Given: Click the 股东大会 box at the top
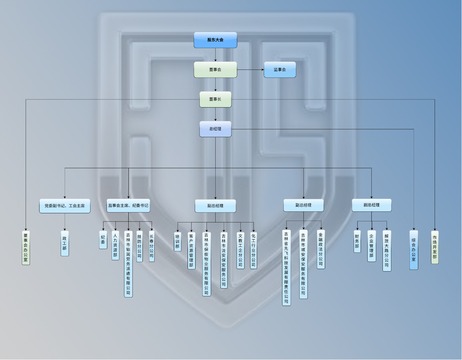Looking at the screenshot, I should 215,40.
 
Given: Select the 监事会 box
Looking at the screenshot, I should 280,69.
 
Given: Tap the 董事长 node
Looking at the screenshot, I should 215,99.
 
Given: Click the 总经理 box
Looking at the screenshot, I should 215,129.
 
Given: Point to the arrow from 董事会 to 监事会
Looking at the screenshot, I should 250,69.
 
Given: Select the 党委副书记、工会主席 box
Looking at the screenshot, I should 65,206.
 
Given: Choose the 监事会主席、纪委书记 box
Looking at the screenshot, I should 128,206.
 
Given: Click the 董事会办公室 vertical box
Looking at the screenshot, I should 26,247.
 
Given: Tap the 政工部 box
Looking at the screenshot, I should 65,243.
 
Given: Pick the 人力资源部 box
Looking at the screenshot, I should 115,245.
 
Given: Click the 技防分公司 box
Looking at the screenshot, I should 139,246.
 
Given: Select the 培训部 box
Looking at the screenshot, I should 178,241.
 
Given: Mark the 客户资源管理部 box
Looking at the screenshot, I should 191,250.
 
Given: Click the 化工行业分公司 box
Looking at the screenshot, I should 253,250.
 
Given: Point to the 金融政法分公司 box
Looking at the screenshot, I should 321,249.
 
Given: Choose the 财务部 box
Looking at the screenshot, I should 357,241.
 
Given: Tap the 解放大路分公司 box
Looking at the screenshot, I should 387,251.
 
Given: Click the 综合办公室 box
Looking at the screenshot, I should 414,250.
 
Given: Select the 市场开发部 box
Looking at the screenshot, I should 435,247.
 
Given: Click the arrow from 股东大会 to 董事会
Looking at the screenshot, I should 215,55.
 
